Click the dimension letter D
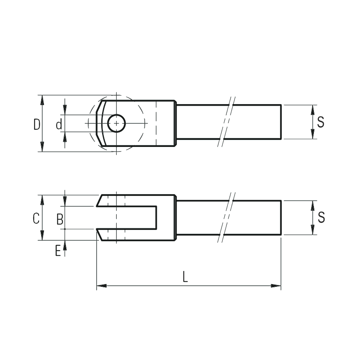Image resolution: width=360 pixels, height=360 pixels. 37,125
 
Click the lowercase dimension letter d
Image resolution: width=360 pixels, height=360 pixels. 59,125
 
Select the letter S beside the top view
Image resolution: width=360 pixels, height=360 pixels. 321,122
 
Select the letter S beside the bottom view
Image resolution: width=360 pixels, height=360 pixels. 321,217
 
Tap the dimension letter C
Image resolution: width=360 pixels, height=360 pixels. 36,218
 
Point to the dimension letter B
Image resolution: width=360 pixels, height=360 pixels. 60,219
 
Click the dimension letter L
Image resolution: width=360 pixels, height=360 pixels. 185,276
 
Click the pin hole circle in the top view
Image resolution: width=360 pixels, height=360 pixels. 117,123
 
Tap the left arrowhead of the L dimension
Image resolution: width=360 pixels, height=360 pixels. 101,286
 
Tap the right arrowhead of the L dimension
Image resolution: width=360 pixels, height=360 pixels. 276,286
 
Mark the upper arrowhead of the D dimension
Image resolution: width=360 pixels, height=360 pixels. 42,100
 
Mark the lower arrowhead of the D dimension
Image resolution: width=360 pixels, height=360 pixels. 42,147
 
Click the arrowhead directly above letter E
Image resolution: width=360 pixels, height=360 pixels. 65,245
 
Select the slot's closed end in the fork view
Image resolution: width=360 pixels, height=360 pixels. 156,217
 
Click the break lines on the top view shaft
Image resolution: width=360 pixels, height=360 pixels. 226,122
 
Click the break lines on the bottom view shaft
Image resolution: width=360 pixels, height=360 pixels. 226,217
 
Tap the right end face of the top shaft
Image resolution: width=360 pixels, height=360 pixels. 281,122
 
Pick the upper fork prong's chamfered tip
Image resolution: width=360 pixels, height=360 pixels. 99,200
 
